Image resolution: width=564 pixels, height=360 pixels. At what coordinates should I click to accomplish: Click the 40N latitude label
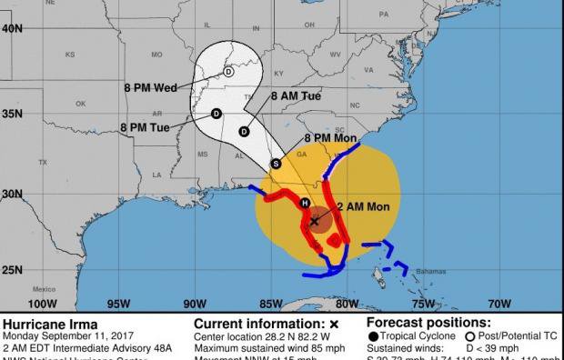point(12,28)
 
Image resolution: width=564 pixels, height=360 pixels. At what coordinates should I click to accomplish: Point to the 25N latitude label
point(12,269)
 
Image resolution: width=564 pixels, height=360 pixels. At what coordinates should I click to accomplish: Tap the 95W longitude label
point(117,304)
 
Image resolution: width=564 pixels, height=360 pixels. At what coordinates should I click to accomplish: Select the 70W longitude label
point(499,304)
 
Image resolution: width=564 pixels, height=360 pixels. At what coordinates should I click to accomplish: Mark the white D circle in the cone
point(228,71)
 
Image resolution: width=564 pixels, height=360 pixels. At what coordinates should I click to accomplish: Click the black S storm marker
point(276,164)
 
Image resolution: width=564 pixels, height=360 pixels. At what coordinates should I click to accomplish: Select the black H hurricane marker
point(306,202)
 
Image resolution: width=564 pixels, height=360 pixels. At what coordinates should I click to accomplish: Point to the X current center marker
point(315,220)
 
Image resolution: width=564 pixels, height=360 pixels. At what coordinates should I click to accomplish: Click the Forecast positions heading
point(428,323)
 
